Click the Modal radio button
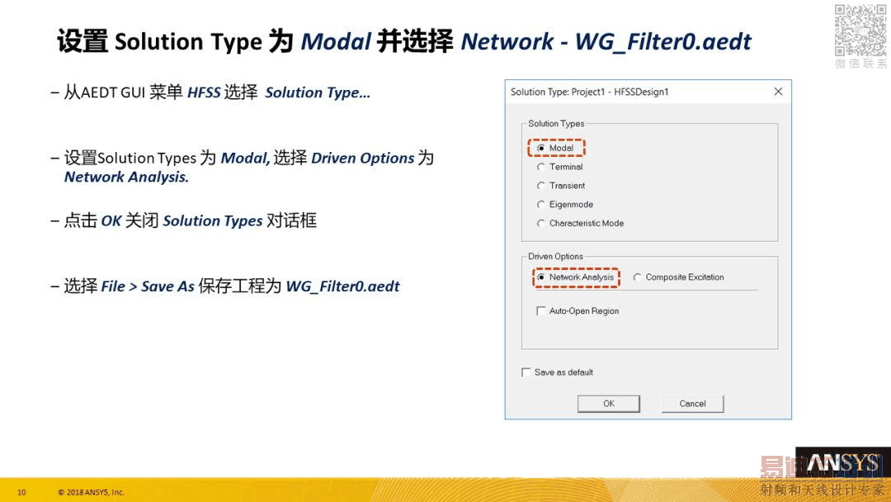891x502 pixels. (x=541, y=148)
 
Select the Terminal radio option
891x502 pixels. (x=541, y=167)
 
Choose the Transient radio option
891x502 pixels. (x=541, y=185)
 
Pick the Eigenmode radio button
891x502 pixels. (x=541, y=204)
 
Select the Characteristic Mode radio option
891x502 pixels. (x=541, y=224)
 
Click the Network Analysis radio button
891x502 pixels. (x=541, y=277)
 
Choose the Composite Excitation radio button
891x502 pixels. (x=637, y=277)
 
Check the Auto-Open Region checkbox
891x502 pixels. (x=541, y=311)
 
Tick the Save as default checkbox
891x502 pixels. (x=526, y=372)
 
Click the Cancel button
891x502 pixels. (x=693, y=404)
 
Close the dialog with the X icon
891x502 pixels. (x=779, y=92)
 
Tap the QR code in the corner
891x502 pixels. (x=860, y=30)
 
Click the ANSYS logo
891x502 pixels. (x=843, y=462)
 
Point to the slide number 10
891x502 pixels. (x=21, y=492)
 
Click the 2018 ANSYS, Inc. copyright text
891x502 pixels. (x=91, y=492)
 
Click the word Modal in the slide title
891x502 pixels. (x=336, y=41)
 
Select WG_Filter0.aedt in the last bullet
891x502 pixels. (x=342, y=286)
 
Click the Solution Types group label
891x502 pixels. (x=556, y=123)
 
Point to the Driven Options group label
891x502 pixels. (x=556, y=257)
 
